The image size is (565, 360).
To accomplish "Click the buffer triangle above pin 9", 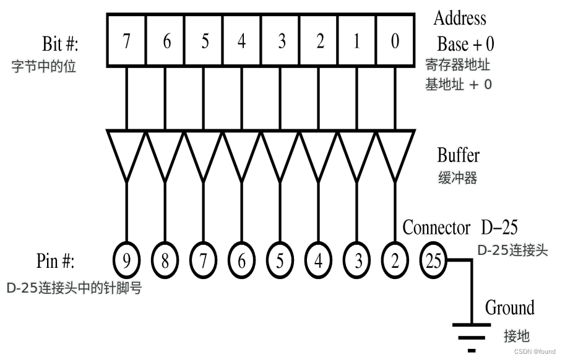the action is click(x=126, y=152).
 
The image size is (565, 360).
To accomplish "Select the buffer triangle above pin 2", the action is click(x=395, y=152).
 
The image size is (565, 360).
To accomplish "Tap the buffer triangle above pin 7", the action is click(x=203, y=152).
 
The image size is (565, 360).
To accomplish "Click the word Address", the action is click(x=460, y=18).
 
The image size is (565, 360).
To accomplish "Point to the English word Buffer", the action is click(x=458, y=155).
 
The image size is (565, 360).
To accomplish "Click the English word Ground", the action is click(x=509, y=307).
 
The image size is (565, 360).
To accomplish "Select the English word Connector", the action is click(x=436, y=228).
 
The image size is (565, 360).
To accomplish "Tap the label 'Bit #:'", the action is click(x=61, y=45).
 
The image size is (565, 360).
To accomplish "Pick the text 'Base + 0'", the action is click(x=465, y=44).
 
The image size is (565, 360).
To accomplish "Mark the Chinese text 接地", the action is click(x=517, y=336).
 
